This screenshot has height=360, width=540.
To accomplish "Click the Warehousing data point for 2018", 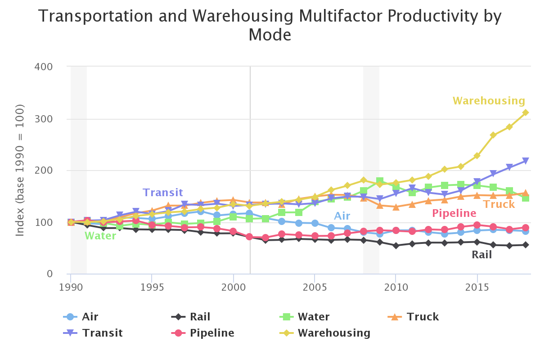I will [x=525, y=112].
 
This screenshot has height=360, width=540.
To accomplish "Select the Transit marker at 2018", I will [x=525, y=161].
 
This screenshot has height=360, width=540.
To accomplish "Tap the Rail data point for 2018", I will [x=525, y=245].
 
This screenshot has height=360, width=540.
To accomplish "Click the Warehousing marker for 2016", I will [x=493, y=135].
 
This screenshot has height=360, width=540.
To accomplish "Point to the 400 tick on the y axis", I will [x=44, y=67].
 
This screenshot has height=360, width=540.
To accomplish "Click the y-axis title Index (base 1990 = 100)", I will [x=20, y=170].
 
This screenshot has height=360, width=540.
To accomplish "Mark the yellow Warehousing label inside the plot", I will [x=489, y=101].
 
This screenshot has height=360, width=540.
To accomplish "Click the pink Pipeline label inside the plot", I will [x=454, y=213].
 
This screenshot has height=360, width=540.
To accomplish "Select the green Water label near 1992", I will [x=100, y=236].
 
